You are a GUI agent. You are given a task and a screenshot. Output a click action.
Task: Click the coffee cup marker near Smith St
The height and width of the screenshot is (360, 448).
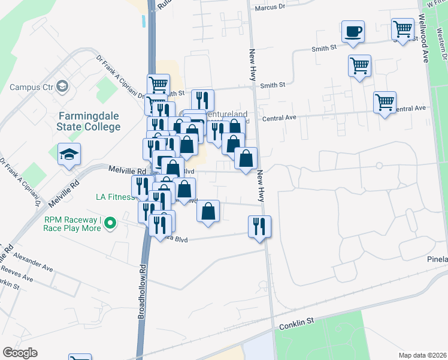click(x=353, y=31)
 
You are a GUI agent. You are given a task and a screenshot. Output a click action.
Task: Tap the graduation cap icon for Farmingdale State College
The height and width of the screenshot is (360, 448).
click(x=69, y=154)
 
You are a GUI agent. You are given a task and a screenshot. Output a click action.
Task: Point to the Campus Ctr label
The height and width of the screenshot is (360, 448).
click(x=32, y=87)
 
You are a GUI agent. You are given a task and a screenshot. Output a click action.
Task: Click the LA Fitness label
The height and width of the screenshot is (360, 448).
click(x=115, y=197)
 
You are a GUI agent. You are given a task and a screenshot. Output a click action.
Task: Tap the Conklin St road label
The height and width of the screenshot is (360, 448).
click(x=296, y=323)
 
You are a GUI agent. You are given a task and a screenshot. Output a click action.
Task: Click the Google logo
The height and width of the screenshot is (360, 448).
click(x=20, y=353)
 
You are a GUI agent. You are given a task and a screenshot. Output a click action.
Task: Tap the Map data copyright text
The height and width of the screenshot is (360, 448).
click(x=422, y=355)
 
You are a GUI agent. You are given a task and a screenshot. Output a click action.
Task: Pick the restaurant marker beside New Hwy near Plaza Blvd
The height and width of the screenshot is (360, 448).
click(x=259, y=226)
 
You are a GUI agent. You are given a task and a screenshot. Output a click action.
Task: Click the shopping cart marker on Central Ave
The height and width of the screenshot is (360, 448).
click(x=385, y=102)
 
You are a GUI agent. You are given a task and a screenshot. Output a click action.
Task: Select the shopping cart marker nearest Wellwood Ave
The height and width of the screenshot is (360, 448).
click(x=403, y=28)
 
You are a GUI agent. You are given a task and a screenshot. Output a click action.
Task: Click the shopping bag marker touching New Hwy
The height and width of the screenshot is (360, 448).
click(x=246, y=158)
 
